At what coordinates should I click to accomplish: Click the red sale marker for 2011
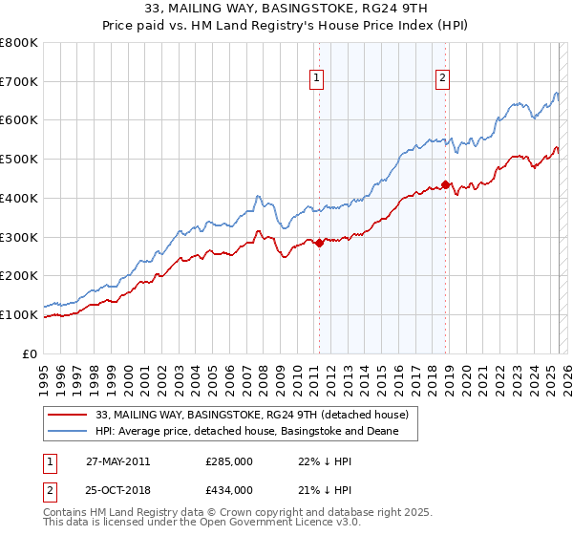319,243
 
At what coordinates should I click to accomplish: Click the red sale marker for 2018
445,184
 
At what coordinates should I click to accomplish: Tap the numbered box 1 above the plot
317,79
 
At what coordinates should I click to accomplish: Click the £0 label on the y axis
31,353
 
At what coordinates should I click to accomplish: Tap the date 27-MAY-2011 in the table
117,461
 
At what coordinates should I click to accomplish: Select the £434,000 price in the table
228,489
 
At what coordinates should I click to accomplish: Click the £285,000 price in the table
228,461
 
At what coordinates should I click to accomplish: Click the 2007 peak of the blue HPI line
258,197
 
